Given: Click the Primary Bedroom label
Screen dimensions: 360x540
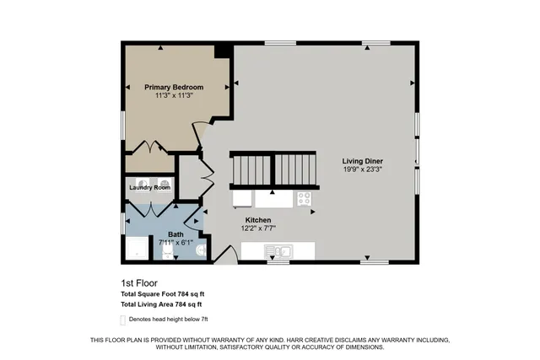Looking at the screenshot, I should [x=173, y=87].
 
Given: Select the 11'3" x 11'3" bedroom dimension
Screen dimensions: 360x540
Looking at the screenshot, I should [x=173, y=95].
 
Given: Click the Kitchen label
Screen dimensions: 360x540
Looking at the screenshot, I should [x=257, y=219].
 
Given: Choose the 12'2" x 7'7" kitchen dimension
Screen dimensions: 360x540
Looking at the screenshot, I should [x=257, y=228].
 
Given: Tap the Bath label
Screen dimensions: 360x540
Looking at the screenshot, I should [x=175, y=234].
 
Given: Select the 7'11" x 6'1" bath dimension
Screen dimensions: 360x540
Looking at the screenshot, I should [x=175, y=243].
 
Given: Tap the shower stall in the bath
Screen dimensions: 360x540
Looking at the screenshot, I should [x=135, y=248].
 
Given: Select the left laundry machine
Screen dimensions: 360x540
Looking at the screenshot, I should [x=141, y=181].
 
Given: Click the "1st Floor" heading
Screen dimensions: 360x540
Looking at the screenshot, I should [x=139, y=283].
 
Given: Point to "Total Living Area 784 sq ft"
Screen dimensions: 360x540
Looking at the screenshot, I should [x=161, y=304].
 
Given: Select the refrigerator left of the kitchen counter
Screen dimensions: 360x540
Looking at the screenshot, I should [x=241, y=199].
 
